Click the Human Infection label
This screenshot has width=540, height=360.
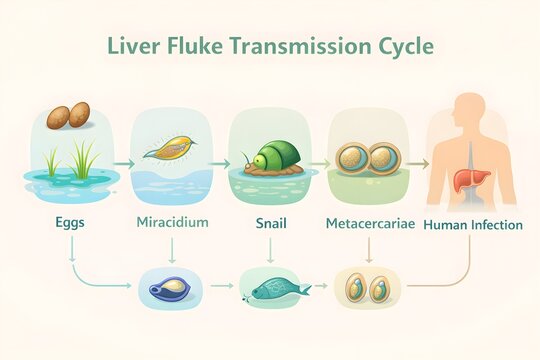pos(473,224)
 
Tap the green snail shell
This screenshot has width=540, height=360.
pos(272,156)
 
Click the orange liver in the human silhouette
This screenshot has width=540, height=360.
pos(462,180)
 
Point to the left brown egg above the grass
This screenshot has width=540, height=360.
pos(57,117)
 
